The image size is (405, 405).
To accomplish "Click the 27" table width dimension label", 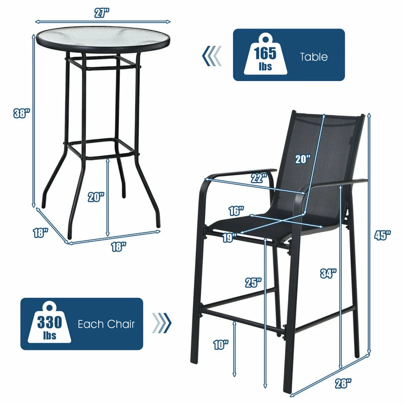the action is (102, 13).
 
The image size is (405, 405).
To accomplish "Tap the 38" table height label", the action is (22, 113).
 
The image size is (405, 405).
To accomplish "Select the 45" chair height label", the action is (382, 235).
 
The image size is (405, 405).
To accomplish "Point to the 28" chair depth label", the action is (343, 383).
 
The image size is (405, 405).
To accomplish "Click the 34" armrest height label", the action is (328, 273).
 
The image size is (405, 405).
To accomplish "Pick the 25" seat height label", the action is (254, 282).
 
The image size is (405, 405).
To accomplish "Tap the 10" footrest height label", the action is (221, 345).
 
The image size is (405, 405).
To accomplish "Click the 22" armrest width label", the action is (259, 178).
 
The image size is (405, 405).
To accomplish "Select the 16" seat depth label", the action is (236, 211).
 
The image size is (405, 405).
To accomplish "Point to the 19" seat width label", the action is (230, 237).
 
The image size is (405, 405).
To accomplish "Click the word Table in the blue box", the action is (313, 57).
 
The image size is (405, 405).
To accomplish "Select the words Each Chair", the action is (106, 324).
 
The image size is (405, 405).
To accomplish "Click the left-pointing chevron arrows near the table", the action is (212, 56).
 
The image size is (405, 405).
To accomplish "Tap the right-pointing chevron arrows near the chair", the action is (161, 323).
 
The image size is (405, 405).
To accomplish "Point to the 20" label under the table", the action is (96, 197).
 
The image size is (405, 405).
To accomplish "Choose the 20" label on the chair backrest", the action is (303, 159).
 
